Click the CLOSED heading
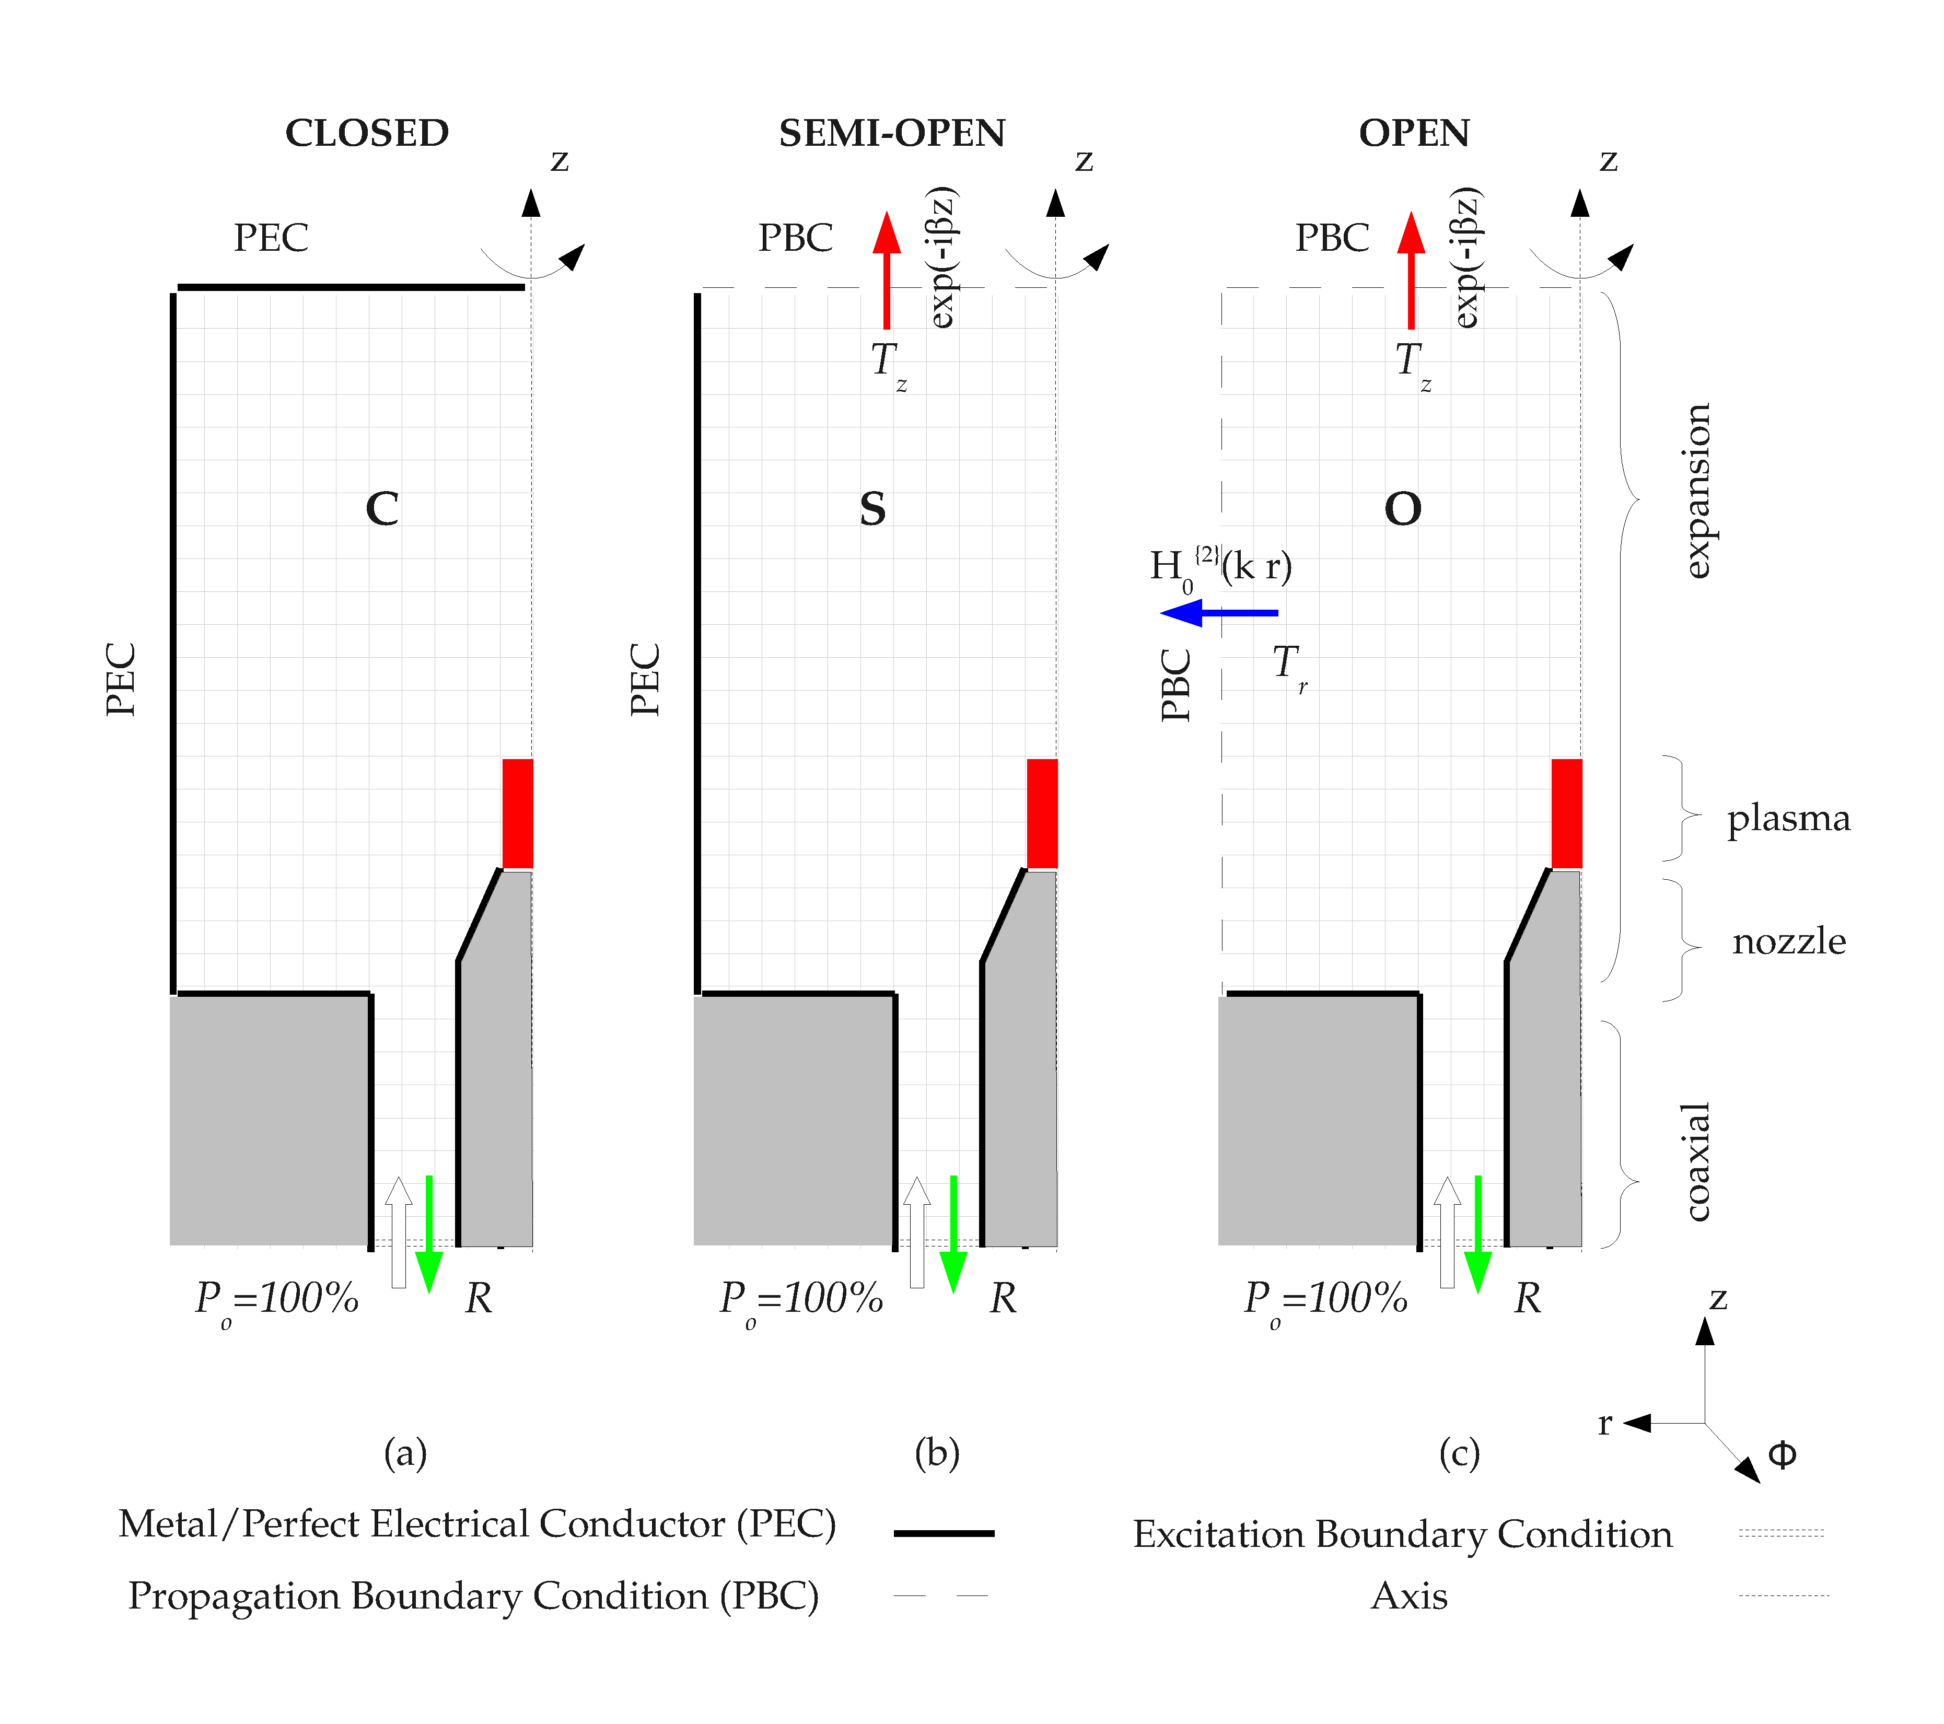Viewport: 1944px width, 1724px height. point(367,133)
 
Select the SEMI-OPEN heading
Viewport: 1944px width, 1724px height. point(892,133)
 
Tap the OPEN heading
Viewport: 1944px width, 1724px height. point(1414,133)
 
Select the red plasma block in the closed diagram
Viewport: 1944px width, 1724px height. point(517,813)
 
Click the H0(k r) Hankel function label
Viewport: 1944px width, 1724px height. point(1221,568)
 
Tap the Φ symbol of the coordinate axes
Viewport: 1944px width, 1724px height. point(1782,1455)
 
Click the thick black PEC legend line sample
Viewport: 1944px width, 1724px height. point(945,1533)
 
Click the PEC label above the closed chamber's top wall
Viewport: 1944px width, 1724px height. point(271,238)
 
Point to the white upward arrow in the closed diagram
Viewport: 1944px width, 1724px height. point(399,1232)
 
